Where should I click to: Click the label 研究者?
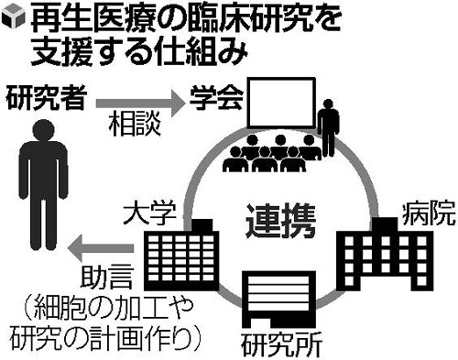point(42,96)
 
